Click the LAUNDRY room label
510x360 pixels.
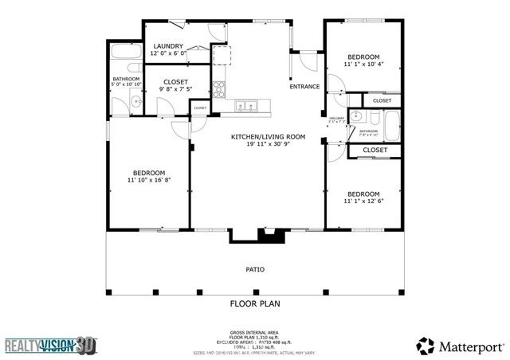(169, 46)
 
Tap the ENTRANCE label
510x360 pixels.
(304, 86)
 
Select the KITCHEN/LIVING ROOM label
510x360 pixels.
(257, 136)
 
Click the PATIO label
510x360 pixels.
(255, 269)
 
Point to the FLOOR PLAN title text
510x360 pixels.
(255, 303)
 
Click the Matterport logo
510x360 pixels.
(460, 345)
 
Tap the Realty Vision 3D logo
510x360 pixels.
(50, 346)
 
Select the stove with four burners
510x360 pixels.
(220, 88)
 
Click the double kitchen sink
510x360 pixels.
(245, 104)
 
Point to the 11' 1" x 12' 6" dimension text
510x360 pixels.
(363, 201)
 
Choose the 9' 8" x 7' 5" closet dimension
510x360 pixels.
(175, 90)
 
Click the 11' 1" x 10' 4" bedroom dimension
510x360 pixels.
(363, 64)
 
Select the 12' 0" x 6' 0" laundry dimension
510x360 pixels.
(169, 55)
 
